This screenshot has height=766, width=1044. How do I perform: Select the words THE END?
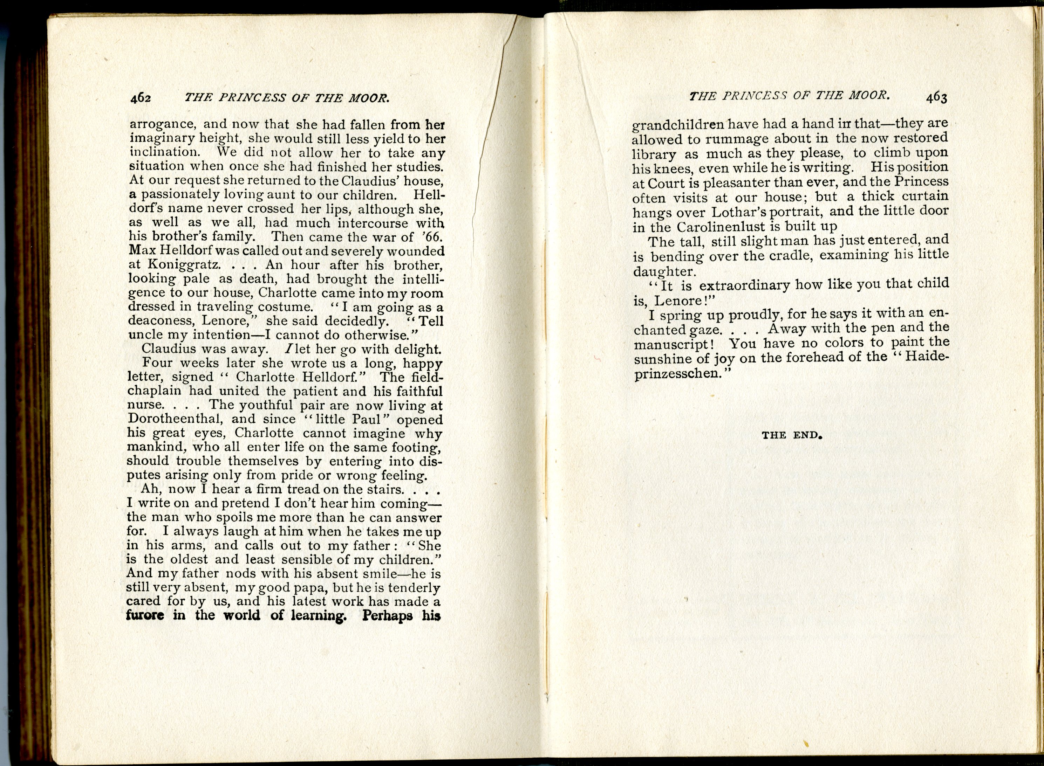click(792, 435)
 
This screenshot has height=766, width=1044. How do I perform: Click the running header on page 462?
click(286, 97)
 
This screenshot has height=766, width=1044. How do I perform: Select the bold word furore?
click(145, 615)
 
